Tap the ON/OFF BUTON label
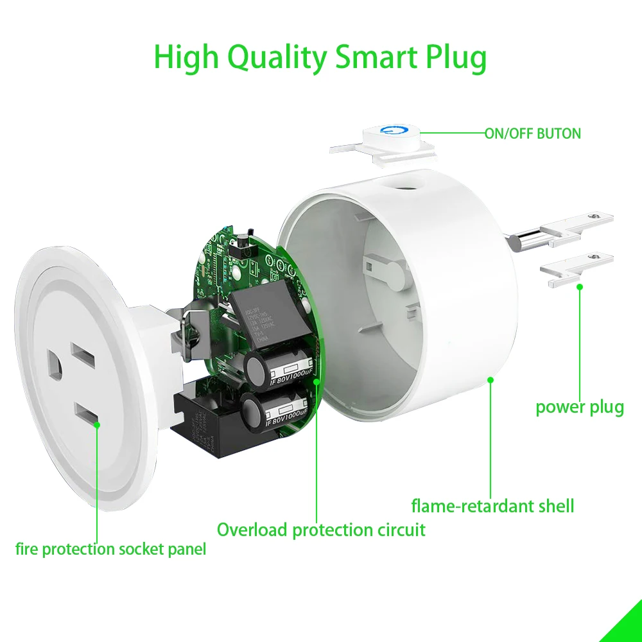533,134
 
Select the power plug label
580,407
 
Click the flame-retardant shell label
492,506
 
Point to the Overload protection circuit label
321,530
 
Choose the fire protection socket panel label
111,550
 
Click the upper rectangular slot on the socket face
83,354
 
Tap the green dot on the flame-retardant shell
490,379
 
